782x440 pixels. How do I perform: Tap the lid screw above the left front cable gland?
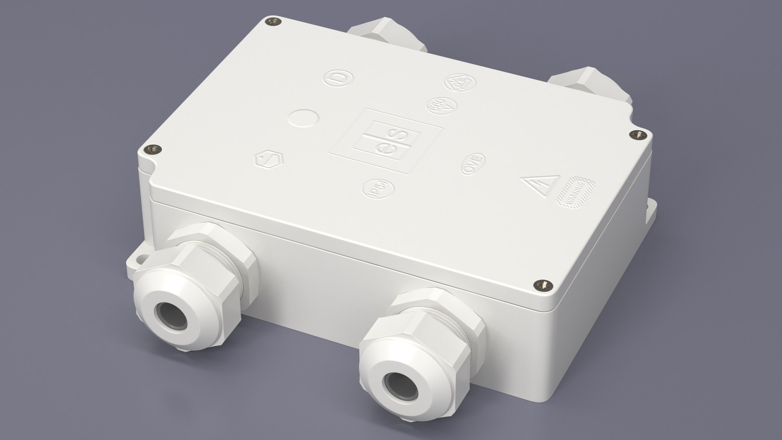(x=154, y=150)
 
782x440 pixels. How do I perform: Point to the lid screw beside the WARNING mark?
(x=637, y=134)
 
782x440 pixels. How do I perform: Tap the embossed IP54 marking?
(x=379, y=190)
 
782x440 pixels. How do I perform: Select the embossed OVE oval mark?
(x=472, y=164)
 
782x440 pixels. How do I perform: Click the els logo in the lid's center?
(x=386, y=141)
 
